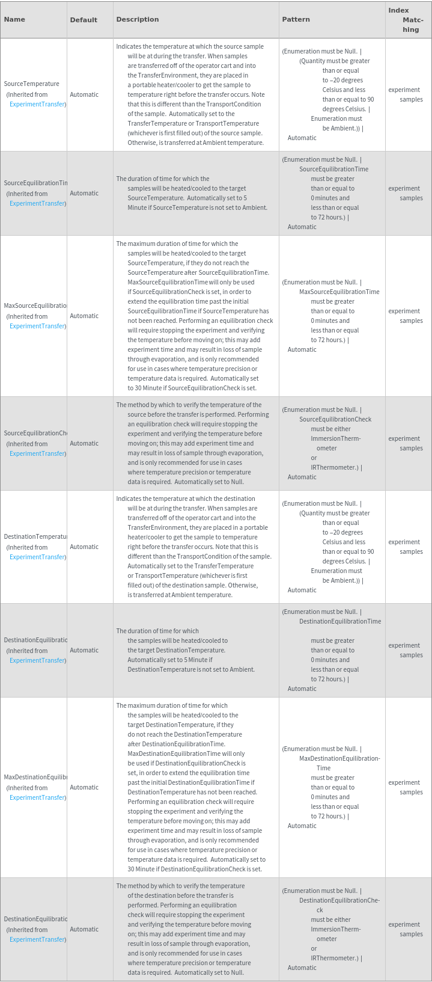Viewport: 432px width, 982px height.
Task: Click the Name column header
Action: coord(14,19)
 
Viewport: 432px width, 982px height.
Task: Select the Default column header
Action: coord(84,20)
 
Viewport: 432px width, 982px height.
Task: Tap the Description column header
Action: coord(138,19)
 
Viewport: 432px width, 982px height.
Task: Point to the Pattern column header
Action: coord(296,19)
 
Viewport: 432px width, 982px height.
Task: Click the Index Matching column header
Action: coord(407,20)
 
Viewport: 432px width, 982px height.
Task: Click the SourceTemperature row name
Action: coord(31,84)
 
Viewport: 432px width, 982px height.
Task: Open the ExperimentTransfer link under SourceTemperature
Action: coord(37,104)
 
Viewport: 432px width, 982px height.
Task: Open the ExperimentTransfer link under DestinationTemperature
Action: coord(37,557)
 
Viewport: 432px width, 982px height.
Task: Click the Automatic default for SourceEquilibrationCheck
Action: coord(84,443)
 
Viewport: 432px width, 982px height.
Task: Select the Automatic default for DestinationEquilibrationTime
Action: coord(84,650)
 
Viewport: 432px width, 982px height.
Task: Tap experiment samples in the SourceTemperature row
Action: coord(406,94)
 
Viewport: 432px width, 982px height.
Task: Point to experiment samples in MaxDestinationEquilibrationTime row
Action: coord(406,787)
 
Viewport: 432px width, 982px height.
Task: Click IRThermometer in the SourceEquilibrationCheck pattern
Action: coord(335,467)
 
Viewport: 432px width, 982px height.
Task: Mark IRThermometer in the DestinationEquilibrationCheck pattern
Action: coord(335,958)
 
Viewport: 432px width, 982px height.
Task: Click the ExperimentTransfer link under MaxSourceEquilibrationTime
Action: coord(37,326)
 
